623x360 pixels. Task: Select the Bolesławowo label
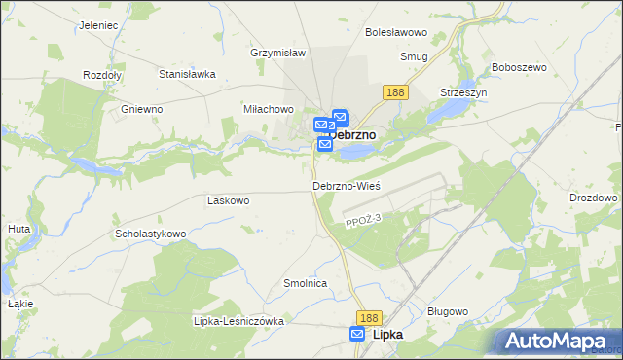tap(391, 32)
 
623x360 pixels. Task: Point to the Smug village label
tap(414, 56)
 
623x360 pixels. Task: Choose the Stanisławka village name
tap(187, 73)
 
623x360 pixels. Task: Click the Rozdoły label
tap(102, 75)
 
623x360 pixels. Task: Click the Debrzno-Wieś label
tap(346, 186)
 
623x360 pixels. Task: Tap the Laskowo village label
tap(229, 200)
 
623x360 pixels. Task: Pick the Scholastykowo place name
tap(150, 234)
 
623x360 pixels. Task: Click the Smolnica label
tap(304, 283)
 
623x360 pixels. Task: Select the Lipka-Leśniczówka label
tap(238, 321)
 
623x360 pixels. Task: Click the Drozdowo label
tap(594, 198)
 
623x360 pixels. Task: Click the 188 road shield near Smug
tap(394, 91)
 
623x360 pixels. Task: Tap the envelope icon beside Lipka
tap(358, 334)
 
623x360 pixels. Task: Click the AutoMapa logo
tap(555, 341)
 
